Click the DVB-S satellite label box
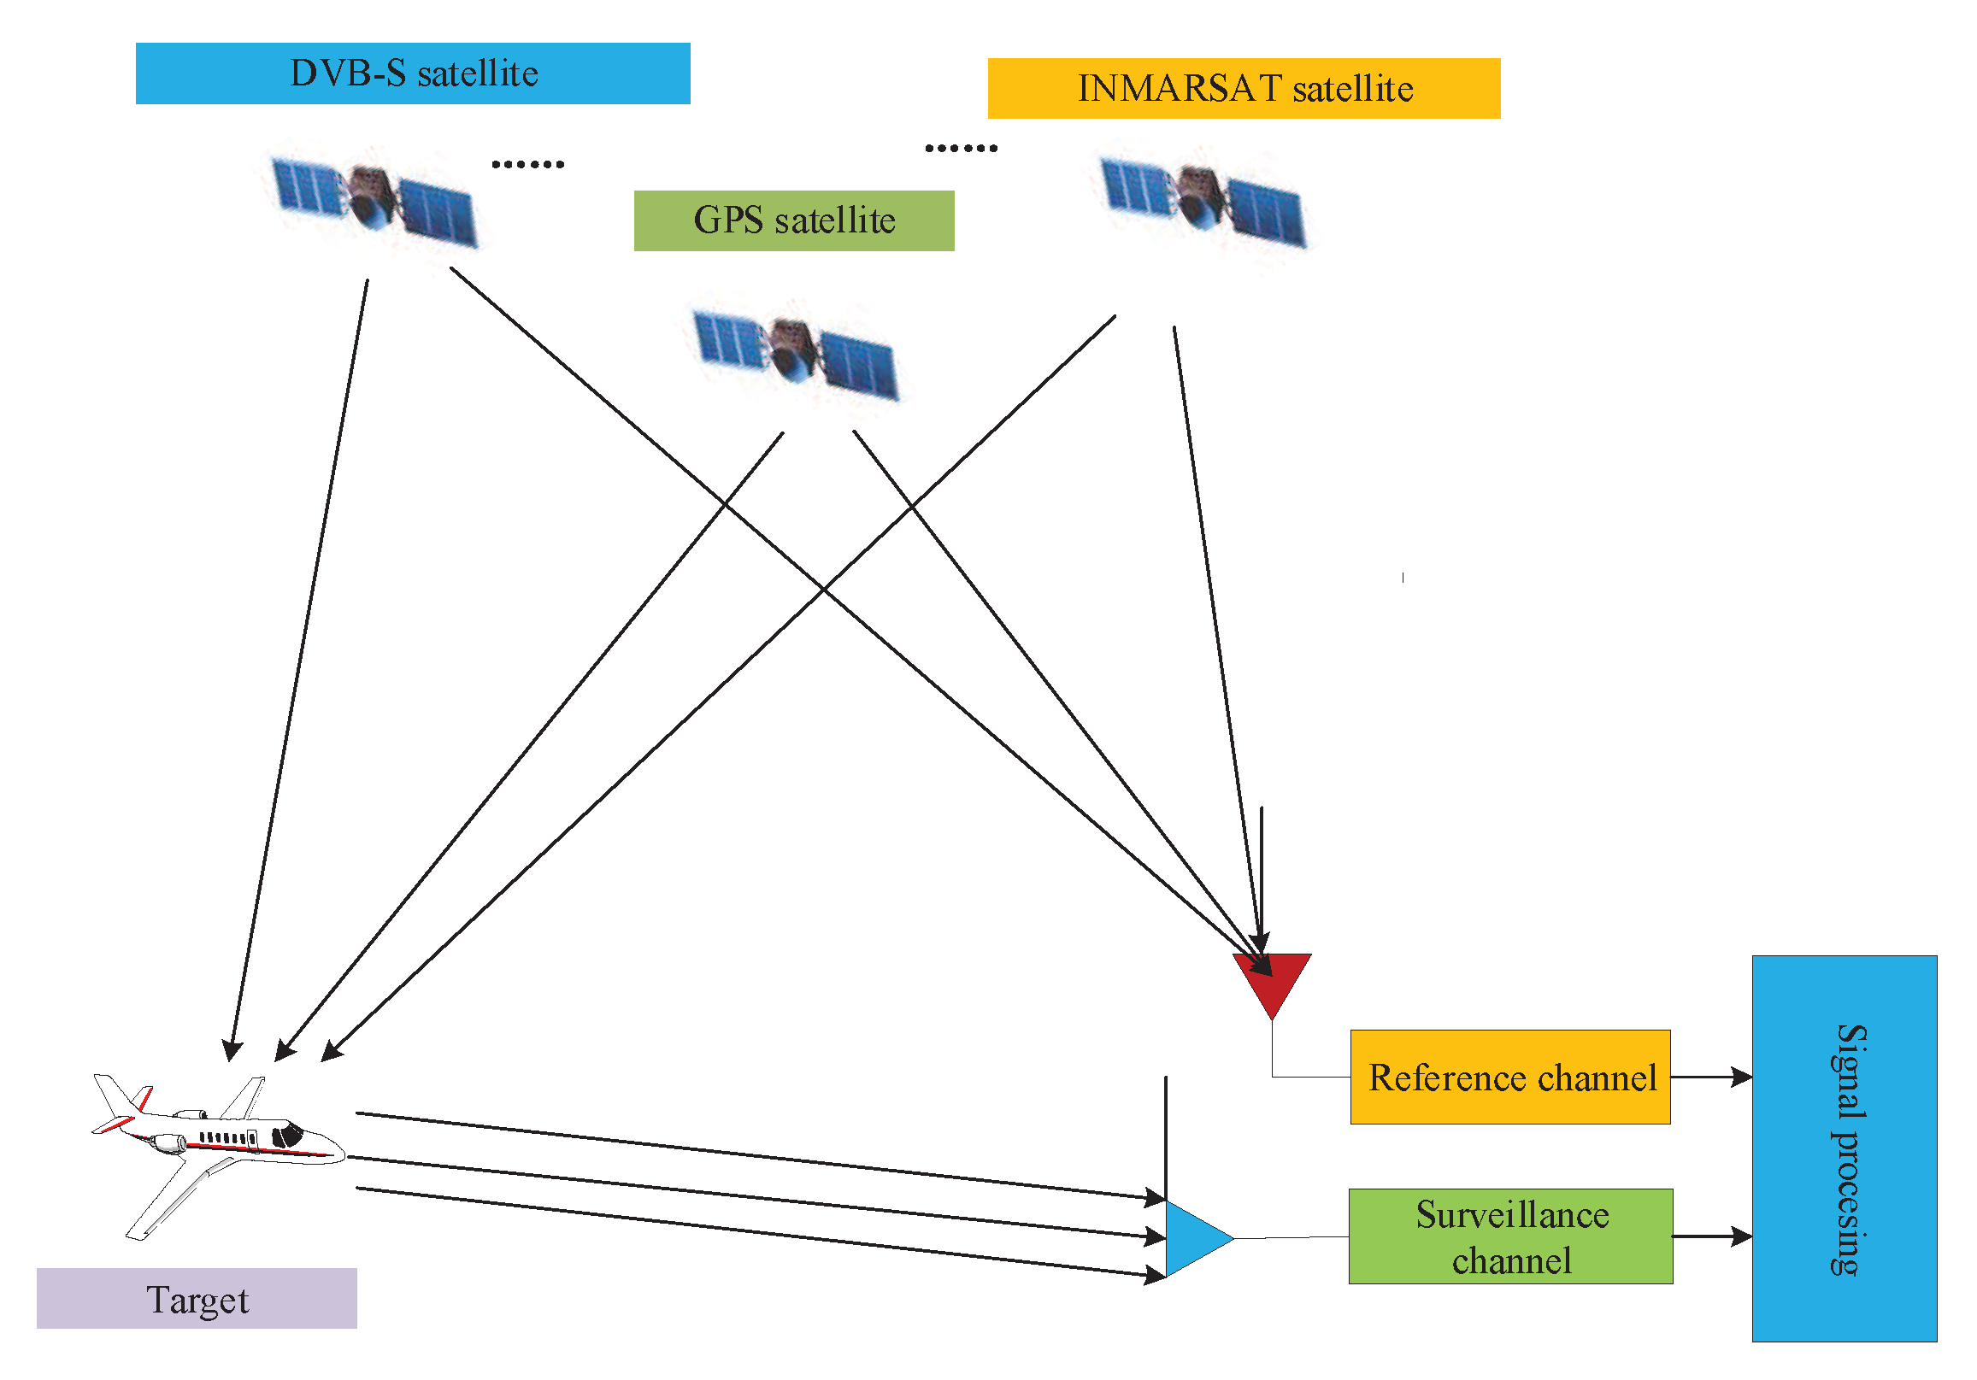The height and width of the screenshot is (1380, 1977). click(413, 73)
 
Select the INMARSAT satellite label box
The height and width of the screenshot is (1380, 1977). click(1244, 88)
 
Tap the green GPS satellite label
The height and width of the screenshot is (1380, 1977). click(793, 220)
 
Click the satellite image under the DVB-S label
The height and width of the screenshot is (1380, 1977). click(374, 201)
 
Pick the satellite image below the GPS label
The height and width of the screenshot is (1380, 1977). click(795, 354)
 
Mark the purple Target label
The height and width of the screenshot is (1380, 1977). click(197, 1298)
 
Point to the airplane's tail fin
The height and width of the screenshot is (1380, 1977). click(116, 1098)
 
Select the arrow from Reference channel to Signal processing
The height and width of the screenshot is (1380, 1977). click(1710, 1076)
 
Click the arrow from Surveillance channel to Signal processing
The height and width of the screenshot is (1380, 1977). click(1710, 1236)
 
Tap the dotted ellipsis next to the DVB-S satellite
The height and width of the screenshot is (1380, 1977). click(527, 163)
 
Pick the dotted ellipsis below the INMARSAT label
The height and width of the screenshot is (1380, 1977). click(960, 148)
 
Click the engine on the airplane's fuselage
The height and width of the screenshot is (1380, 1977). click(168, 1143)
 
